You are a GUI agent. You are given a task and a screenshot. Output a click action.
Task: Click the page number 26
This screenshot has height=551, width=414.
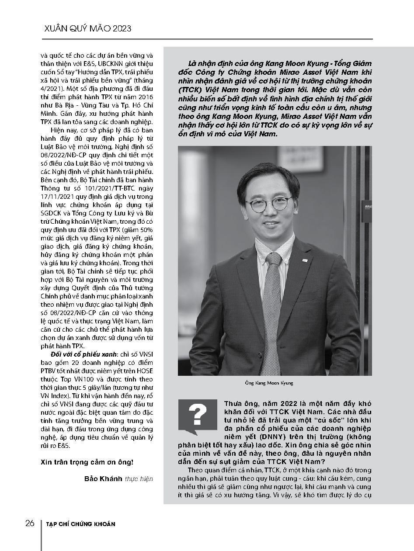pyautogui.click(x=30, y=523)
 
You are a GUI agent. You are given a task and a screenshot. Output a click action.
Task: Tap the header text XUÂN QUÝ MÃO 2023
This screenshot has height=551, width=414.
pyautogui.click(x=88, y=28)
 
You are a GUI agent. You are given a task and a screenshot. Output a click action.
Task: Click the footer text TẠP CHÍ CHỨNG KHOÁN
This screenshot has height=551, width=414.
pyautogui.click(x=81, y=524)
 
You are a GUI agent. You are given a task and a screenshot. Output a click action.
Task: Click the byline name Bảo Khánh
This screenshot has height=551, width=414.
pyautogui.click(x=103, y=478)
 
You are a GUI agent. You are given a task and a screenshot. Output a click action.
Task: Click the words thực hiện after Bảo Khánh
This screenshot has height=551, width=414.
pyautogui.click(x=139, y=478)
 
